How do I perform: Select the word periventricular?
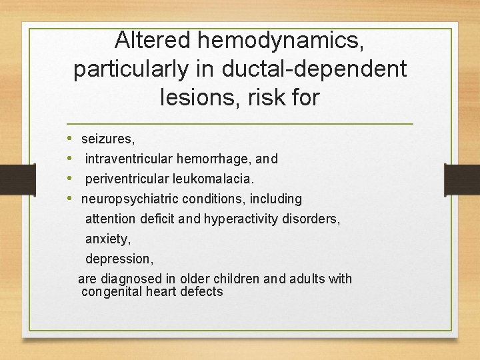pyautogui.click(x=131, y=179)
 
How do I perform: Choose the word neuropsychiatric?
pyautogui.click(x=130, y=199)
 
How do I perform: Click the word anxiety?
pyautogui.click(x=107, y=239)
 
